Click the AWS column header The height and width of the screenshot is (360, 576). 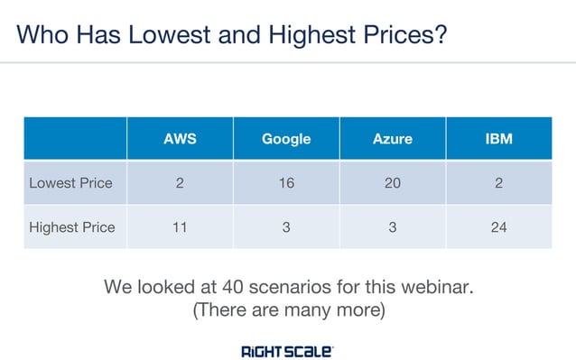pyautogui.click(x=180, y=139)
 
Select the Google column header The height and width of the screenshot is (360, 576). pyautogui.click(x=286, y=139)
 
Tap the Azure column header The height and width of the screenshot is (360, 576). pyautogui.click(x=392, y=139)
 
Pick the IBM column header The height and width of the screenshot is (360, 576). pyautogui.click(x=498, y=139)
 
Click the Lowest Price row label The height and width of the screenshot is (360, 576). pyautogui.click(x=70, y=183)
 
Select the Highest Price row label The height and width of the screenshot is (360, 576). pyautogui.click(x=72, y=227)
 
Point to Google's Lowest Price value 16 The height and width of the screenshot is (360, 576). pyautogui.click(x=286, y=183)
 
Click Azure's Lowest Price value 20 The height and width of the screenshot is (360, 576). pyautogui.click(x=392, y=183)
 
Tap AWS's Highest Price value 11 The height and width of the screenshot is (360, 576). pyautogui.click(x=180, y=227)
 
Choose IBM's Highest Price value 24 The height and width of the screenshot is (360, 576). pyautogui.click(x=498, y=227)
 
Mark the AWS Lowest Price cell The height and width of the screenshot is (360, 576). pyautogui.click(x=180, y=183)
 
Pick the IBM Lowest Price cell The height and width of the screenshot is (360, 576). pyautogui.click(x=498, y=183)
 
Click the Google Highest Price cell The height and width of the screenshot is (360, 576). pyautogui.click(x=286, y=227)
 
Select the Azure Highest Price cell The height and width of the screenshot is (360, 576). pyautogui.click(x=392, y=227)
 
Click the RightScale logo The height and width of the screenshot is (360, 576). pyautogui.click(x=287, y=350)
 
